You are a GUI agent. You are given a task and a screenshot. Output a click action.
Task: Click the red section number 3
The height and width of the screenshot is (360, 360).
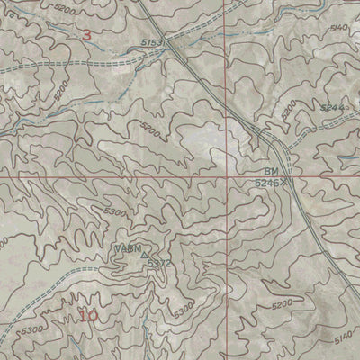coord(86,35)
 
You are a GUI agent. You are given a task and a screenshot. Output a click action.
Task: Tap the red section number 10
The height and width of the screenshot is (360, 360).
coord(88,315)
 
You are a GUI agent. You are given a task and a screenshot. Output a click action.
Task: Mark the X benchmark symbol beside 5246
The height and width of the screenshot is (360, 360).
coord(286,181)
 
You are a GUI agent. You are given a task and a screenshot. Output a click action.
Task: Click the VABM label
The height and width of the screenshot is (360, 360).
coord(126,248)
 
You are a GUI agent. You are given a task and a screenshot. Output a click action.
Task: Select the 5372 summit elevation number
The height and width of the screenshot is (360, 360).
coord(158,264)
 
